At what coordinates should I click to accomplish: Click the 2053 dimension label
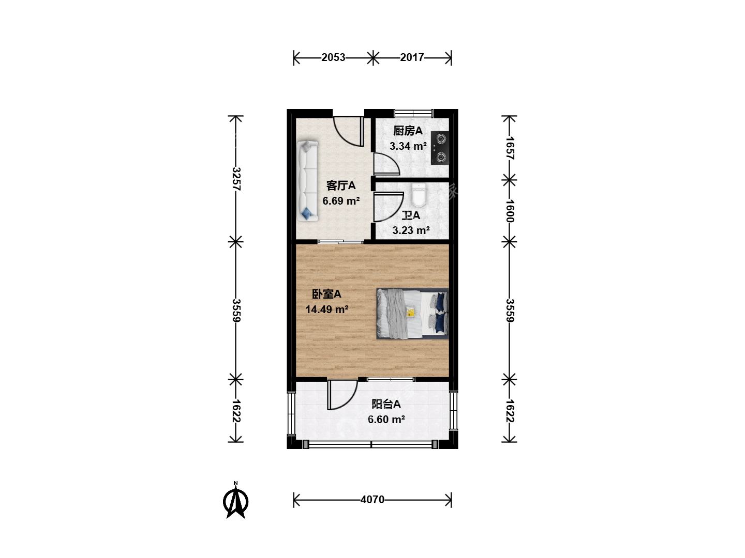(x=333, y=57)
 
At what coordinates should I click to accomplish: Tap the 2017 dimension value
(x=412, y=57)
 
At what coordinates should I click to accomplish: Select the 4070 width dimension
(x=373, y=500)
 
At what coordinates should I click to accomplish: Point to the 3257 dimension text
(x=236, y=179)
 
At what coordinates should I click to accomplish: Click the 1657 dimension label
(x=510, y=148)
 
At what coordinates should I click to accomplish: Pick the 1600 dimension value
(x=510, y=211)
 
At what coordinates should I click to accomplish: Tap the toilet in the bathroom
(x=419, y=195)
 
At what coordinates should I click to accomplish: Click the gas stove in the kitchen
(x=440, y=148)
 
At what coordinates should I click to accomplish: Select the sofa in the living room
(x=307, y=181)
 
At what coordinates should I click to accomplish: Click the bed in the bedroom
(x=412, y=314)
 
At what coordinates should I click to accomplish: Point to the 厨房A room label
(x=408, y=130)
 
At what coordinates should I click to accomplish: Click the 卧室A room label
(x=326, y=294)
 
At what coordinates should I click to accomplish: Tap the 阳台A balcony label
(x=386, y=404)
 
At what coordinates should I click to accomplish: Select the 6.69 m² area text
(x=341, y=201)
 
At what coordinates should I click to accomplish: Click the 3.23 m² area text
(x=411, y=230)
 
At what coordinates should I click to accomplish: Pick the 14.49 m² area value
(x=327, y=309)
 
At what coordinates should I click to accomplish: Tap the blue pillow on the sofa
(x=307, y=213)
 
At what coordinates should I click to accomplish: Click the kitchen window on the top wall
(x=414, y=113)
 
